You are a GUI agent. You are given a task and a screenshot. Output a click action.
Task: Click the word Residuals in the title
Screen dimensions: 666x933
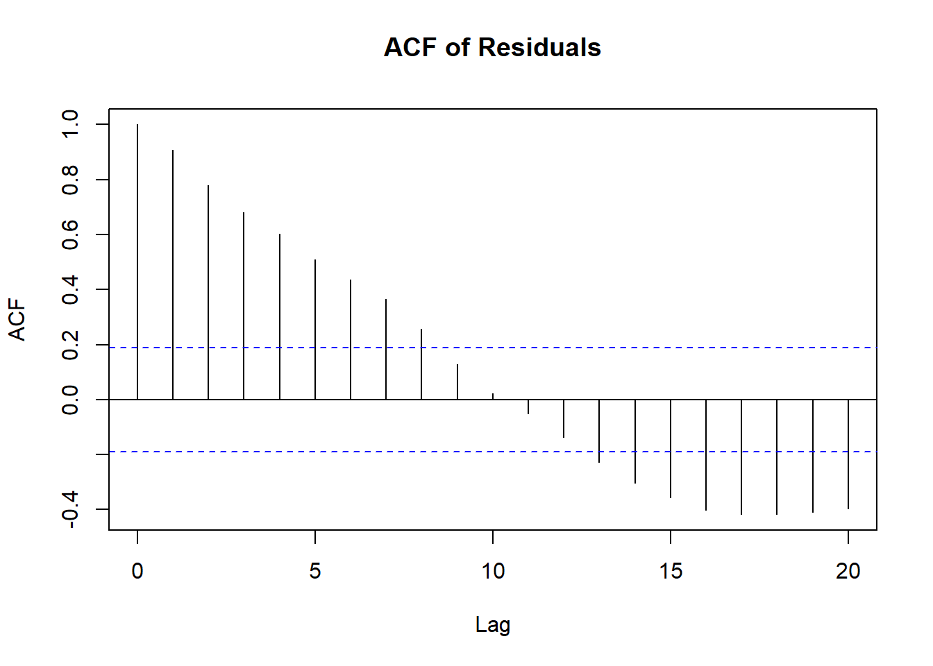point(539,48)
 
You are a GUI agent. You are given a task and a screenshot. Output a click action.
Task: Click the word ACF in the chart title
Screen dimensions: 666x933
point(411,48)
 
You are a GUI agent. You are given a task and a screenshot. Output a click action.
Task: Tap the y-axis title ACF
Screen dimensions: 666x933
point(17,320)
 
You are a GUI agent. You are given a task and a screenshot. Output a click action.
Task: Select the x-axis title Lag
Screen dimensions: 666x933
point(492,624)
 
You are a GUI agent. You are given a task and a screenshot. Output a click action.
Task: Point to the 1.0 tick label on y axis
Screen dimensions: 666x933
point(70,124)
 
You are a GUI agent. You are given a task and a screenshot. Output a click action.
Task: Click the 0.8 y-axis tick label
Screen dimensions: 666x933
point(70,180)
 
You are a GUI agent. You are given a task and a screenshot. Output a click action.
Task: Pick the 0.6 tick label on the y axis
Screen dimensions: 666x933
point(70,234)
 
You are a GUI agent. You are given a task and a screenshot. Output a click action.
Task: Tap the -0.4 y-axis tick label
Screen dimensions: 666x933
point(70,509)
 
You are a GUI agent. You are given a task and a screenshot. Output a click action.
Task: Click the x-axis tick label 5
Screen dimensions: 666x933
point(315,571)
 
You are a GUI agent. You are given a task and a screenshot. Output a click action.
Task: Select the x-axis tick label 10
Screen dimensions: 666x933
point(493,571)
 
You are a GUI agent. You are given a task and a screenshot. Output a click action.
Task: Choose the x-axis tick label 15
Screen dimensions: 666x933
point(671,571)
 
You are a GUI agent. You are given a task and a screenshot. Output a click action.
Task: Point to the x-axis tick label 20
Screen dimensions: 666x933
point(848,571)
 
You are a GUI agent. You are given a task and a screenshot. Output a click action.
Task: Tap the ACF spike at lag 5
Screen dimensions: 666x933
point(315,330)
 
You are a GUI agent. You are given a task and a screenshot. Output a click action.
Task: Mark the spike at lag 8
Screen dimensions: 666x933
point(421,364)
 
